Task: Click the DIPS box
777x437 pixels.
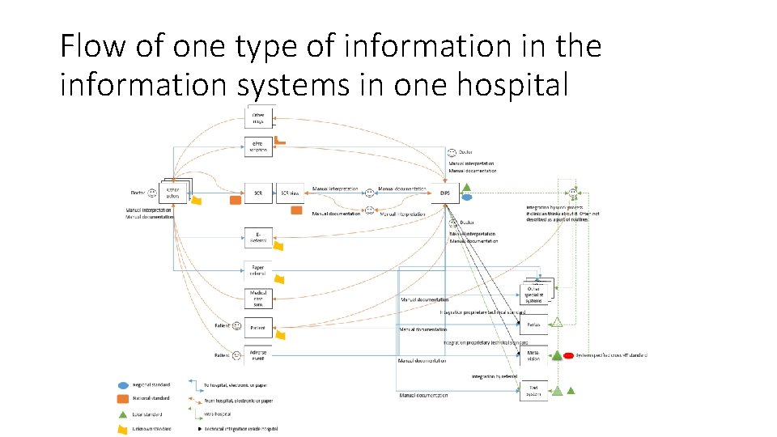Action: coord(445,193)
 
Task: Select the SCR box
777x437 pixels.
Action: coord(258,193)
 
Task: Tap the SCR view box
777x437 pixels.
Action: coord(289,193)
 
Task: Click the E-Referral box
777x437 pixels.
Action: coord(258,237)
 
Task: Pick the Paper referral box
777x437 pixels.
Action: coord(258,270)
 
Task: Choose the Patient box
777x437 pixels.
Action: coord(258,328)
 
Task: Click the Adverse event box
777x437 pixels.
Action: coord(258,356)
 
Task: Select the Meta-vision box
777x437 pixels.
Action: coord(533,355)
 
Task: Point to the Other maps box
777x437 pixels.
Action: coord(258,118)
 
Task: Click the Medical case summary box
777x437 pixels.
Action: coord(258,299)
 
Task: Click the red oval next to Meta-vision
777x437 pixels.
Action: coord(569,355)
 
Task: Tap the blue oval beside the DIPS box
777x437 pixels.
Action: coord(466,197)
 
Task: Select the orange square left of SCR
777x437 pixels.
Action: coord(236,199)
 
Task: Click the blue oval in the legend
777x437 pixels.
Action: coord(123,385)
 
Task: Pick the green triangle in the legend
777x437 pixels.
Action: coord(123,414)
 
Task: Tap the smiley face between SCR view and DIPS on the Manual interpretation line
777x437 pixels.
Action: coord(369,193)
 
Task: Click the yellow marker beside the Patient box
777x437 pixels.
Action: coord(279,332)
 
